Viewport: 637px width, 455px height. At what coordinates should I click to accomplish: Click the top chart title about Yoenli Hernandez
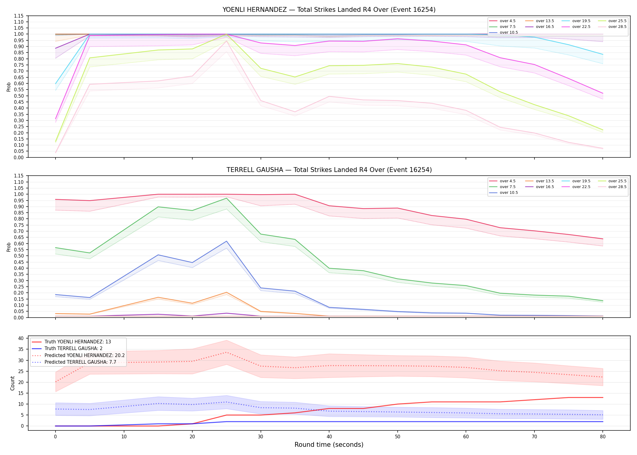click(329, 10)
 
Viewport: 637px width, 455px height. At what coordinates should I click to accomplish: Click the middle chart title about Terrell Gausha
click(329, 170)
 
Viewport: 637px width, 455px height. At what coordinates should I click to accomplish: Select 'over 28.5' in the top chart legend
click(617, 27)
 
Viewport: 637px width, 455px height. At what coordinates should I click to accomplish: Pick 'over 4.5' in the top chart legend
click(507, 21)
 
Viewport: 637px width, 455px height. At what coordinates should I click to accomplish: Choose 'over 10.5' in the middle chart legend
click(509, 193)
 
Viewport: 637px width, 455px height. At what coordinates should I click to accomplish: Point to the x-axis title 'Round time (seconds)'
click(329, 445)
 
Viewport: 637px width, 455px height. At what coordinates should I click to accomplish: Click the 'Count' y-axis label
click(12, 383)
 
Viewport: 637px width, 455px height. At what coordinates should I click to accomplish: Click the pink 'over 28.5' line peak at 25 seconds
click(226, 41)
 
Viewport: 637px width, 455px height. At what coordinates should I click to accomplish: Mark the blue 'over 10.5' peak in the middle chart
click(226, 241)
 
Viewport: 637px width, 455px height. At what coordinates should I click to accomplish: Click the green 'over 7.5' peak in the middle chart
click(226, 198)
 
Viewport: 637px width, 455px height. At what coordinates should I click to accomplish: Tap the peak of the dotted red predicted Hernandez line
click(226, 352)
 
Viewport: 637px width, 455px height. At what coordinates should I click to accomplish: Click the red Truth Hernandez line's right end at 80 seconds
click(603, 397)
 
